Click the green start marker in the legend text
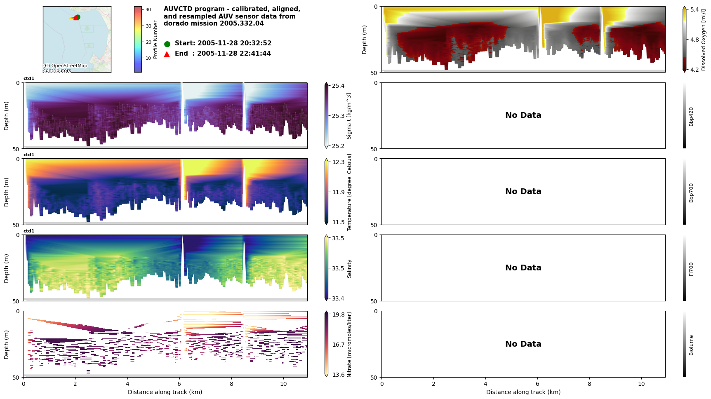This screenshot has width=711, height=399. pos(167,44)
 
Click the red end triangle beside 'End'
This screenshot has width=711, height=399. pos(167,54)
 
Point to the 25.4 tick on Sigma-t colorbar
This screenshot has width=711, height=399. pos(338,86)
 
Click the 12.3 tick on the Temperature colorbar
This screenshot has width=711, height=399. pos(338,162)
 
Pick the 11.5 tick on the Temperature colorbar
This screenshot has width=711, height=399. pos(338,222)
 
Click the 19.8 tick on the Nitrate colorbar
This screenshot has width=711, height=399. pos(338,315)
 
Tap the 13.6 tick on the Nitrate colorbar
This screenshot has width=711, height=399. pos(338,375)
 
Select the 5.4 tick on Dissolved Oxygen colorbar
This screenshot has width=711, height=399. pos(695,9)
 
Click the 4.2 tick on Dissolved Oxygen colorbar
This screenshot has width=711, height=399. pos(695,70)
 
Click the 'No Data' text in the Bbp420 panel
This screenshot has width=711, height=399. pos(523,115)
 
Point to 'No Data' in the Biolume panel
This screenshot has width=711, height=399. pos(523,344)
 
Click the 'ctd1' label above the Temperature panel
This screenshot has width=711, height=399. pos(29,155)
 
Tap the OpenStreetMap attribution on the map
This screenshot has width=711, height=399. pos(65,68)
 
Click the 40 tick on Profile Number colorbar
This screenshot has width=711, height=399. pos(148,9)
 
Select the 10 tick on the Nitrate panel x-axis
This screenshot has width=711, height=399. pos(283,384)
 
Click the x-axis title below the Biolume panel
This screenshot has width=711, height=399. pos(523,392)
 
